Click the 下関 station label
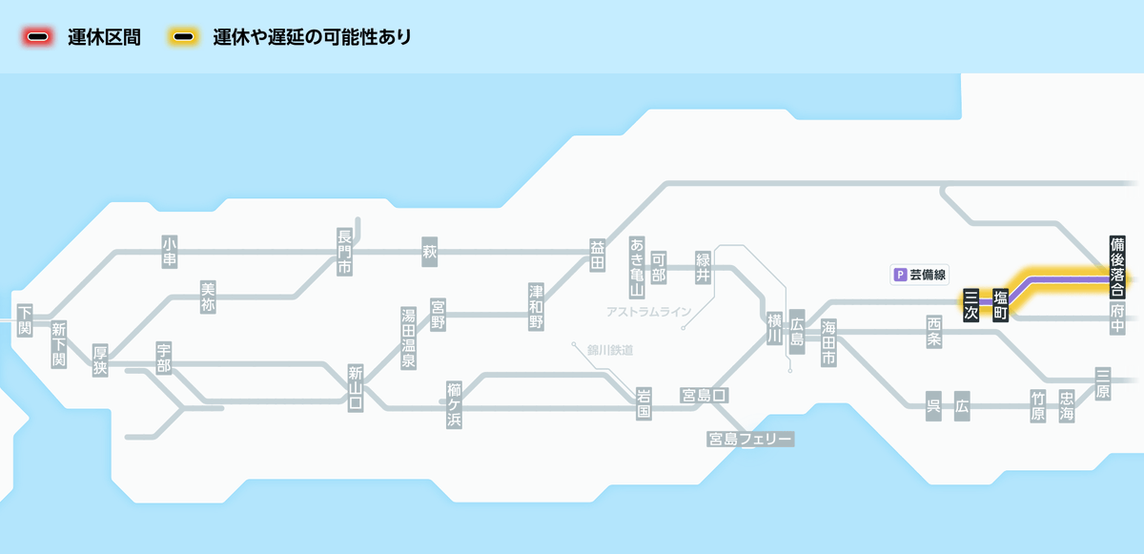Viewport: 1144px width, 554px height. click(x=25, y=319)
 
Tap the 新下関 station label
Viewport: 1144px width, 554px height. click(x=58, y=344)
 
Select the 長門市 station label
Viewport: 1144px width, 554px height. click(x=344, y=252)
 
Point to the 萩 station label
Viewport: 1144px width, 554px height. click(x=429, y=252)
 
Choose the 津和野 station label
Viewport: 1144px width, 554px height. click(x=537, y=305)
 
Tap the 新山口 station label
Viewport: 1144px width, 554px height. click(x=356, y=387)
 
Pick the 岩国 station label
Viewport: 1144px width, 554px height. click(x=643, y=404)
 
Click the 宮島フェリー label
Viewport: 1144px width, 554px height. click(x=750, y=439)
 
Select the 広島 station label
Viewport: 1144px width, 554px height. click(x=797, y=331)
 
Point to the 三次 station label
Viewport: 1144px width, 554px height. click(x=970, y=305)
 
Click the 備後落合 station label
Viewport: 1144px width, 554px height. click(x=1117, y=266)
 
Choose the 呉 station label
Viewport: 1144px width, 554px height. click(x=933, y=405)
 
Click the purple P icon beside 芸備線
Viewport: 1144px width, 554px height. click(x=898, y=275)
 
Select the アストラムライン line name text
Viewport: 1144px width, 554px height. click(x=648, y=312)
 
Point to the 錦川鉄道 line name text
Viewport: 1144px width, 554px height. click(x=610, y=350)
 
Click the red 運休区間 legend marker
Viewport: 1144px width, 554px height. click(x=39, y=37)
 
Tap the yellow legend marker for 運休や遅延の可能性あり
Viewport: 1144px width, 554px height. click(x=184, y=37)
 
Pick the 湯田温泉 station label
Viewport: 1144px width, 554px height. click(x=408, y=338)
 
